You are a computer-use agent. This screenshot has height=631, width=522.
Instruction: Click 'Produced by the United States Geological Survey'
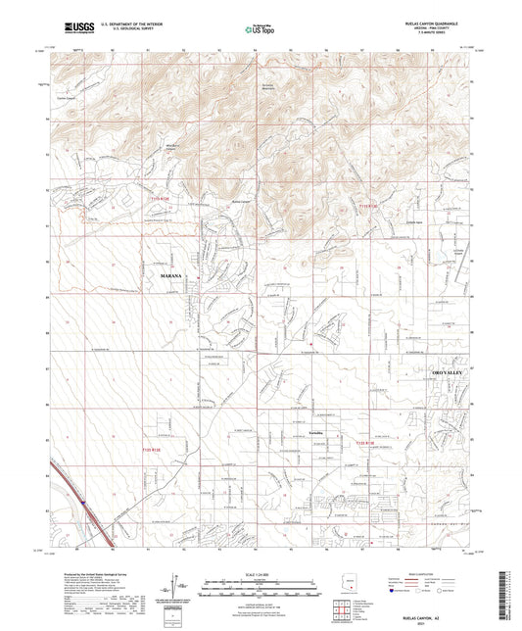coord(88,572)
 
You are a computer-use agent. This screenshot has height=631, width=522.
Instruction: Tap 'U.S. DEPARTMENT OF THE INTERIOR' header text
coord(112,27)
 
